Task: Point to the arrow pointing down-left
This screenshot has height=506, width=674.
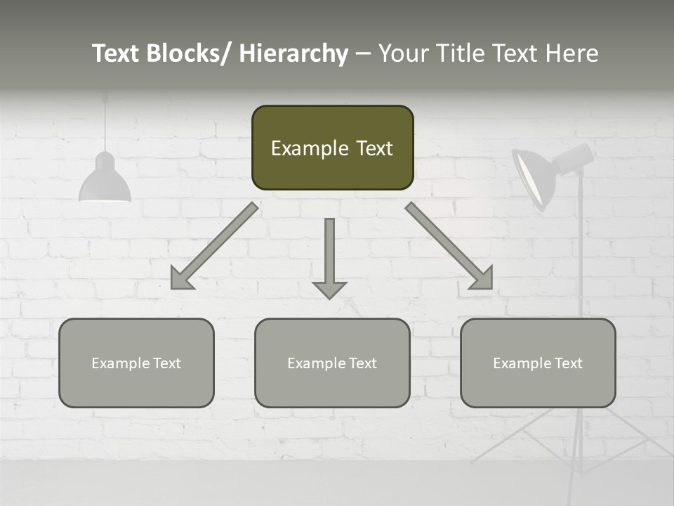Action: (214, 246)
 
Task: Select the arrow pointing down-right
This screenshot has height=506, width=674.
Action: (449, 246)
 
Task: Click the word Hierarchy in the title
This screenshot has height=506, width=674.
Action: (293, 53)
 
